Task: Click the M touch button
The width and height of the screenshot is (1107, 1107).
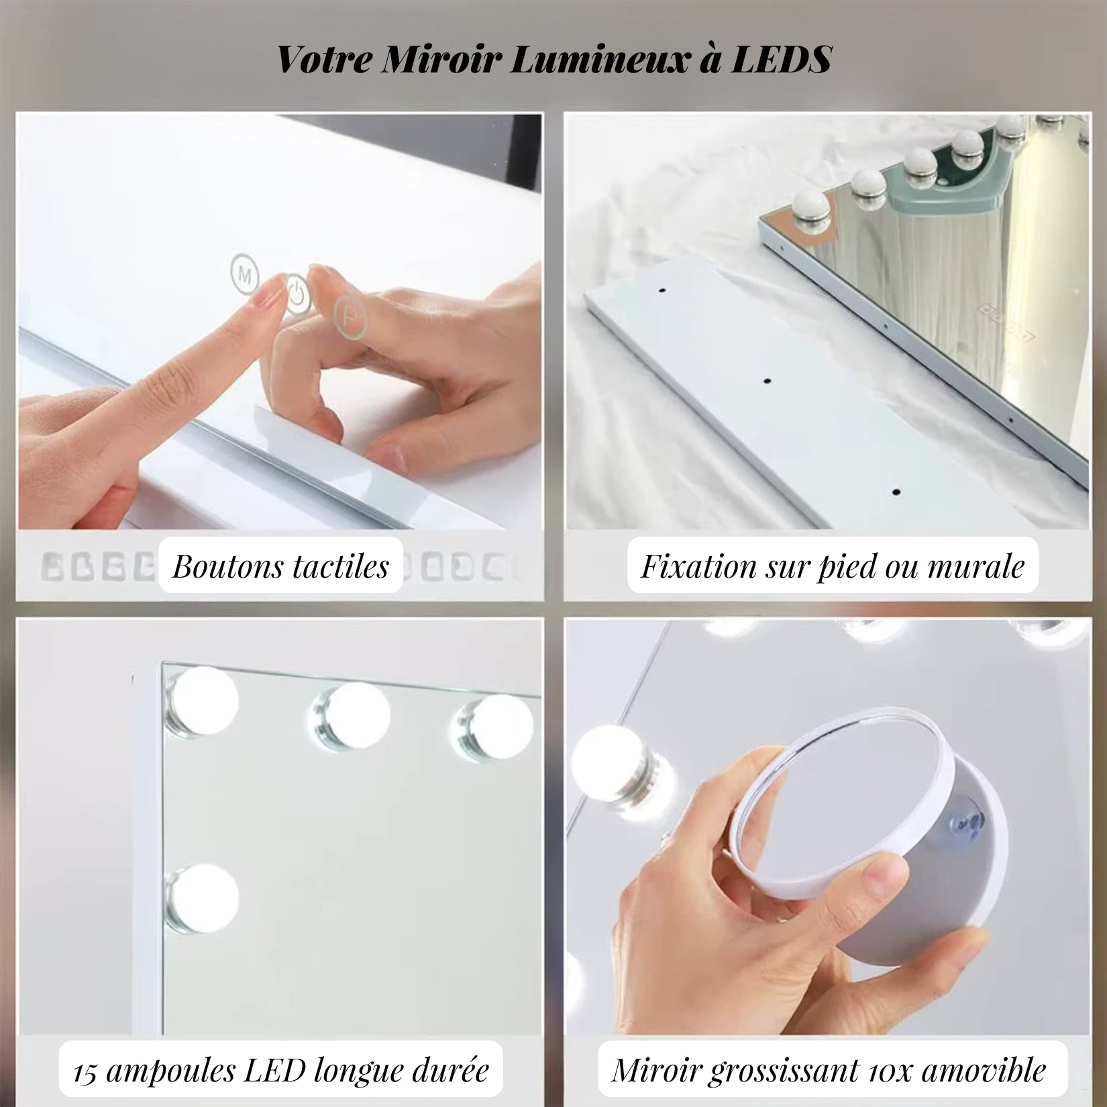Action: click(x=245, y=273)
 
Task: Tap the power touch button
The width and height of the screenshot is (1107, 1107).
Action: click(x=297, y=293)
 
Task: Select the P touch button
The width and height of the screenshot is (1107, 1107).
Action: click(x=350, y=316)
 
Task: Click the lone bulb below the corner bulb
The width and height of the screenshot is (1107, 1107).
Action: click(x=201, y=898)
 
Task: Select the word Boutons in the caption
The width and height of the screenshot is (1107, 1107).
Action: click(x=225, y=566)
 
